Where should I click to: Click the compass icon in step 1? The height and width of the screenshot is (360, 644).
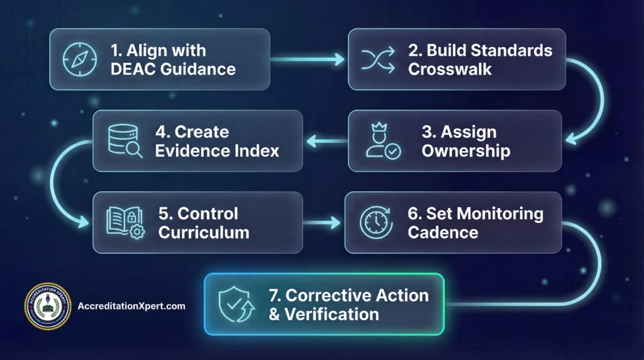coord(80,60)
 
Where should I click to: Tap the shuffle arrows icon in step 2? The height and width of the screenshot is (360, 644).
coord(377,60)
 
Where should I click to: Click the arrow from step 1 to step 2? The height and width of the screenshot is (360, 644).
coord(308,60)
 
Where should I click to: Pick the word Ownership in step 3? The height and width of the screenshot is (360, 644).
coord(465,151)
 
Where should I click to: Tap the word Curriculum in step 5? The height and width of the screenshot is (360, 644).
coord(204,232)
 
